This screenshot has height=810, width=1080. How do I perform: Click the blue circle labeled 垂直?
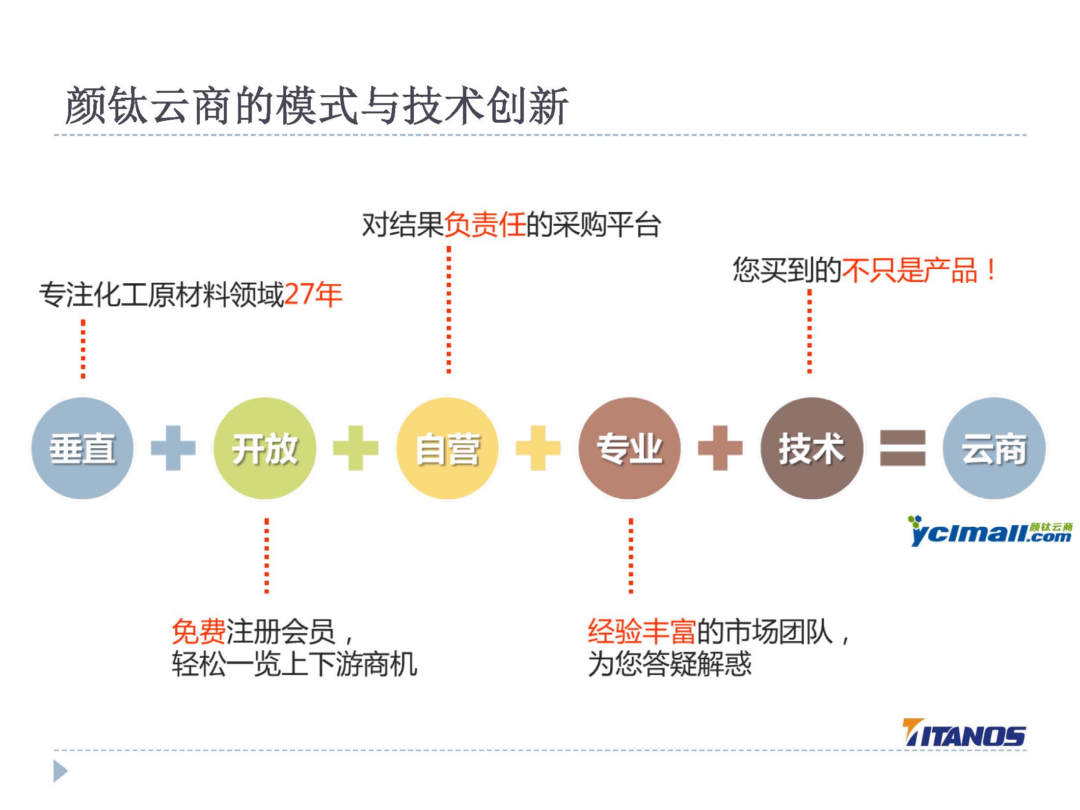pos(82,448)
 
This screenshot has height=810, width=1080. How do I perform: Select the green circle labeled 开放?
pos(265,448)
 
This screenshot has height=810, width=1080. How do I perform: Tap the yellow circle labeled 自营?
pos(447,448)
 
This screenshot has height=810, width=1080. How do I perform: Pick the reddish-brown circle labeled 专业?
pos(629,448)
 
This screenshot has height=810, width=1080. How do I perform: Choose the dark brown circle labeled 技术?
pos(812,448)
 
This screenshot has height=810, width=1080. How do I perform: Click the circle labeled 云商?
pos(994,448)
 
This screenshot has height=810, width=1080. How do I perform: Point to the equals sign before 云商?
pos(903,448)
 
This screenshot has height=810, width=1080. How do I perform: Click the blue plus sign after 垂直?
pos(173,448)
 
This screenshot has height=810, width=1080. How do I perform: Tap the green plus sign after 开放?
pos(356,448)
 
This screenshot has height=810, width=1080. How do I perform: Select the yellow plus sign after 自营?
pos(538,448)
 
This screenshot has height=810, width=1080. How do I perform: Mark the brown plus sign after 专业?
pos(720,448)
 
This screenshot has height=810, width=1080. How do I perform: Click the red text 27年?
pos(313,295)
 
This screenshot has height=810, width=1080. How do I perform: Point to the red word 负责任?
pos(485,225)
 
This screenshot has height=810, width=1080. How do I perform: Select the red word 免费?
pos(199,631)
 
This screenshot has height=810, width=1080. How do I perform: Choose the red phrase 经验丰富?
pos(642,631)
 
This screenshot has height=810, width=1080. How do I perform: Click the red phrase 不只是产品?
pos(910,270)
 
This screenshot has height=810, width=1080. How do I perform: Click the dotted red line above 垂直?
pos(83,349)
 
